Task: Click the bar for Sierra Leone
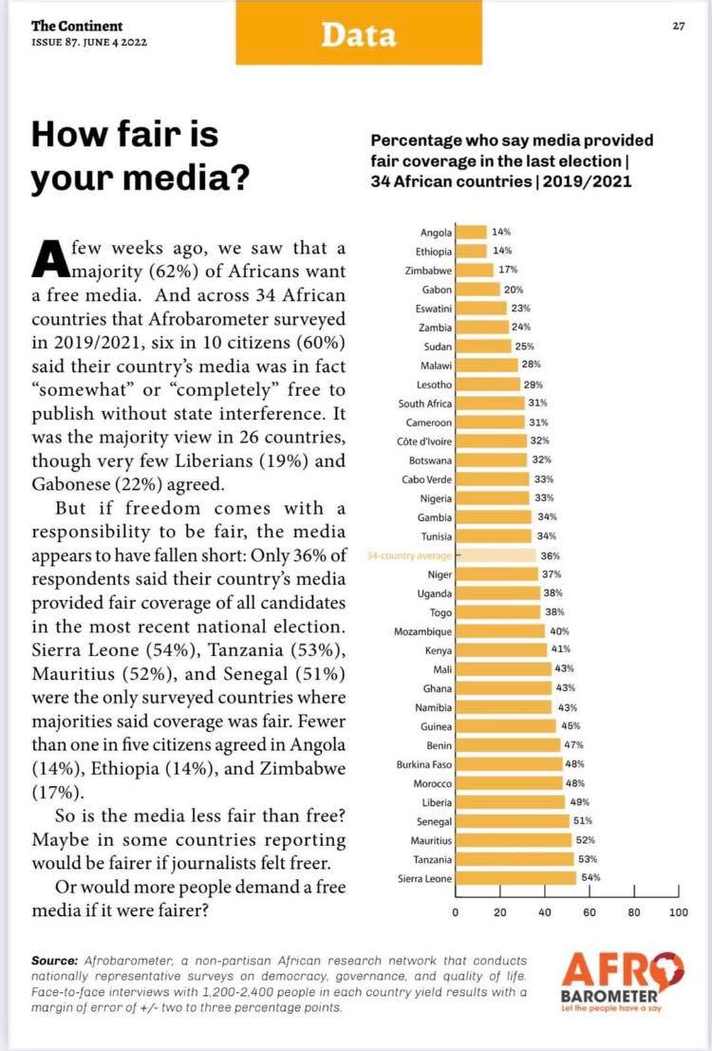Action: pos(516,878)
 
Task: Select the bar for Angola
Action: pos(471,232)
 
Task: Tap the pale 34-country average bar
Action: pos(497,555)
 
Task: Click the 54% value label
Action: pos(590,878)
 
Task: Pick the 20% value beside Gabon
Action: pos(514,289)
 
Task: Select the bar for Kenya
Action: pos(501,650)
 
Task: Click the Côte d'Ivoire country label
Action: pos(424,441)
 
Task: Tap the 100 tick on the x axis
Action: pos(678,912)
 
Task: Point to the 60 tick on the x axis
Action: pos(590,912)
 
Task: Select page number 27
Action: pos(678,27)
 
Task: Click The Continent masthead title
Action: pos(76,27)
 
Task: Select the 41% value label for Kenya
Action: pos(562,650)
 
